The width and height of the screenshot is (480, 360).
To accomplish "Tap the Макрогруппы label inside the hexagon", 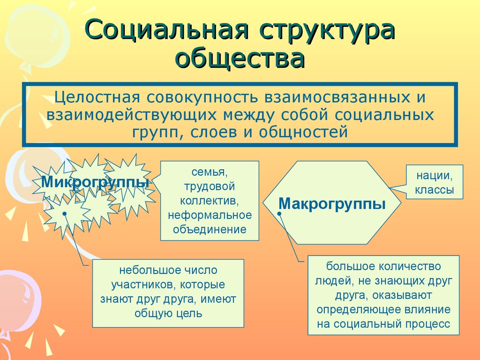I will coord(332,203).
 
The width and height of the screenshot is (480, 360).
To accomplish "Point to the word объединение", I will coord(210,229).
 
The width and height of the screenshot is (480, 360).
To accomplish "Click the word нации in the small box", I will coord(434,176).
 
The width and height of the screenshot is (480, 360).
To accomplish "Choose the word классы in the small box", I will coord(435,190).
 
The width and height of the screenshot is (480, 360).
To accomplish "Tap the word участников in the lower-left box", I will coord(141,285).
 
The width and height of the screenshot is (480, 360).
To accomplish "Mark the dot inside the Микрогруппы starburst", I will coord(64,215).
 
